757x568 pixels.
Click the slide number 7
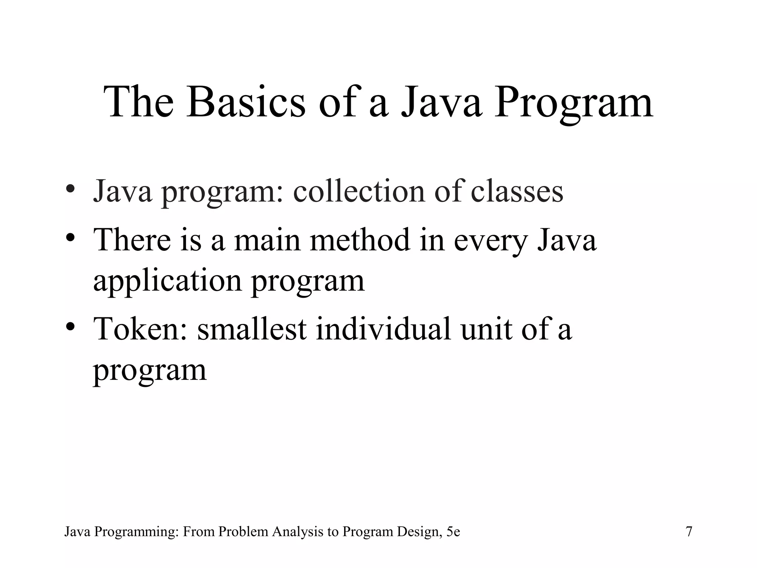coord(689,532)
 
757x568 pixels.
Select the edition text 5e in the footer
coord(453,532)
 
